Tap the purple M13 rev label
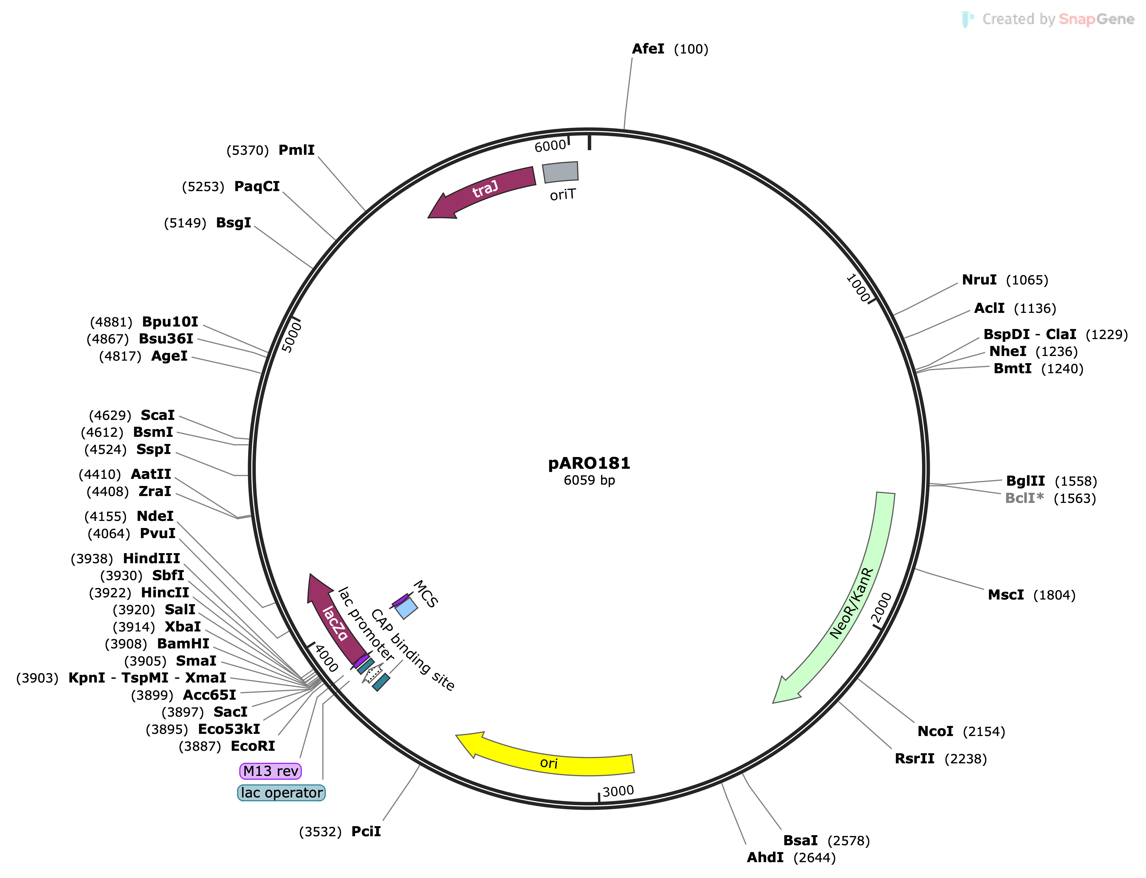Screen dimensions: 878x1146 tap(271, 771)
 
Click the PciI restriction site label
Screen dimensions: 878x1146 tap(366, 832)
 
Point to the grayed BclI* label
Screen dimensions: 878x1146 tap(1024, 498)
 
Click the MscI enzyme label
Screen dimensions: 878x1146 tap(1005, 595)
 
